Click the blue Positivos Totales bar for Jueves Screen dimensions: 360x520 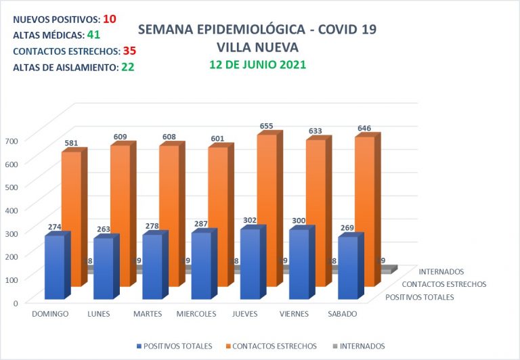(250, 264)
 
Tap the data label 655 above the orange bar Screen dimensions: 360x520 (267, 126)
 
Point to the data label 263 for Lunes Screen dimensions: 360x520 (103, 229)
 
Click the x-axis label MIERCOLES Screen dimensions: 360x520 (196, 314)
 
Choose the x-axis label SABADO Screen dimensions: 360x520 (343, 314)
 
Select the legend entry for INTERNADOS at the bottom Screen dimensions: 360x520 (361, 346)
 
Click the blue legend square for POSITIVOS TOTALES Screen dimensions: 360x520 (139, 346)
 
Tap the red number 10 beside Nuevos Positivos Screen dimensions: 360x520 (110, 19)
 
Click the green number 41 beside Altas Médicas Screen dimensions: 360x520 (93, 35)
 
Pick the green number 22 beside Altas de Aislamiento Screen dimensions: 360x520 (127, 67)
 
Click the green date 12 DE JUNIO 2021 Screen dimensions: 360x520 (257, 65)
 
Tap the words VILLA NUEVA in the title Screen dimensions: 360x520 (257, 47)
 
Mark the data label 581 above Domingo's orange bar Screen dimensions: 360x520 (71, 143)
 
